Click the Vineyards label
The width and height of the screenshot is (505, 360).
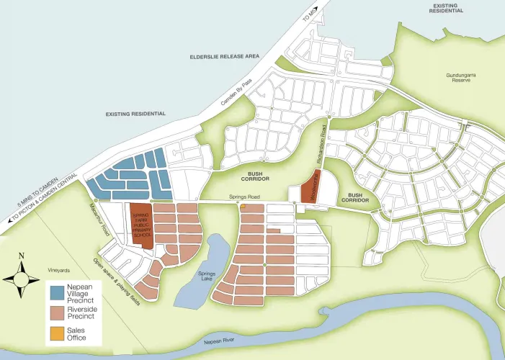click(59, 270)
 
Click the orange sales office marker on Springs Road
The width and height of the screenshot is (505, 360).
click(243, 207)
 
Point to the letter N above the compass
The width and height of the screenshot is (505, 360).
click(22, 256)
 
